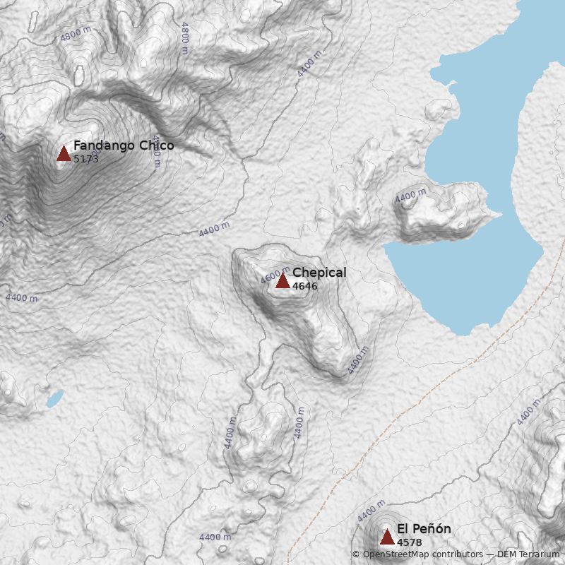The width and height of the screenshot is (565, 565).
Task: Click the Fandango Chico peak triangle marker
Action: pos(64,153)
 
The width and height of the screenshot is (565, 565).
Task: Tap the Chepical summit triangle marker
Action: pos(282,280)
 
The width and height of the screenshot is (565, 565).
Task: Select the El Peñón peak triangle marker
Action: pos(387,537)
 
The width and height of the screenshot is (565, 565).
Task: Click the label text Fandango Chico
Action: pos(124,145)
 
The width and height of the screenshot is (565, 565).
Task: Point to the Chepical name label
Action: pos(319,273)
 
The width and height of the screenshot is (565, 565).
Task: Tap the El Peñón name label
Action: pos(424,529)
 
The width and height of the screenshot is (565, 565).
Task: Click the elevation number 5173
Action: pos(86,159)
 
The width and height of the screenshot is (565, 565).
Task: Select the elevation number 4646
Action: pos(305,286)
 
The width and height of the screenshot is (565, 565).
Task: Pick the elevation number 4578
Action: pos(410,542)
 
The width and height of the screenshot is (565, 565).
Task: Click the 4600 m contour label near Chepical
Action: pos(275,276)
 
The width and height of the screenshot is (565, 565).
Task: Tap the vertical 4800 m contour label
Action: pos(185,38)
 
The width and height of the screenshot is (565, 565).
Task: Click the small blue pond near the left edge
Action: pos(54,399)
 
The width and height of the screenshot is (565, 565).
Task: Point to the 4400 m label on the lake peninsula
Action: pos(411,196)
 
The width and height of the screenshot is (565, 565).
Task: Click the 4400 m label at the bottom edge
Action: pos(215,537)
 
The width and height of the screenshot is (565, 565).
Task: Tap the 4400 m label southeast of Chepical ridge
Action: pos(358,360)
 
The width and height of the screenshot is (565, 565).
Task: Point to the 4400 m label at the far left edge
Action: pos(21,298)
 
